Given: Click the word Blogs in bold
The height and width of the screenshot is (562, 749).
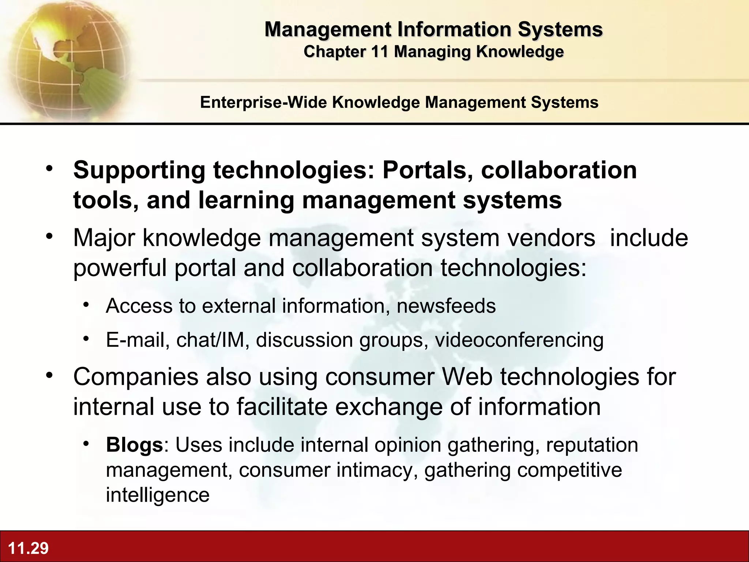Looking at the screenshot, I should point(134,445).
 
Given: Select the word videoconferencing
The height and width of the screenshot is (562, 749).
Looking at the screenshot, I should point(519,340).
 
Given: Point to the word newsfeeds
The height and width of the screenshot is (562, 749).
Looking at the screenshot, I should point(446,306).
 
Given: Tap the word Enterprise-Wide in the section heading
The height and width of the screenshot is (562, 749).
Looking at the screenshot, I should point(263,102).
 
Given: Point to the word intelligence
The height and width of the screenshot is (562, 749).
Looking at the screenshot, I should point(158,495).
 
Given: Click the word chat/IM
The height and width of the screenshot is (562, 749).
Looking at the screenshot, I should point(210,340).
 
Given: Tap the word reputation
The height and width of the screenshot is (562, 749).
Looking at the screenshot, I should point(592,445).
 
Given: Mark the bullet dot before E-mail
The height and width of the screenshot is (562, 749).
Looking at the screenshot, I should point(86,338).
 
